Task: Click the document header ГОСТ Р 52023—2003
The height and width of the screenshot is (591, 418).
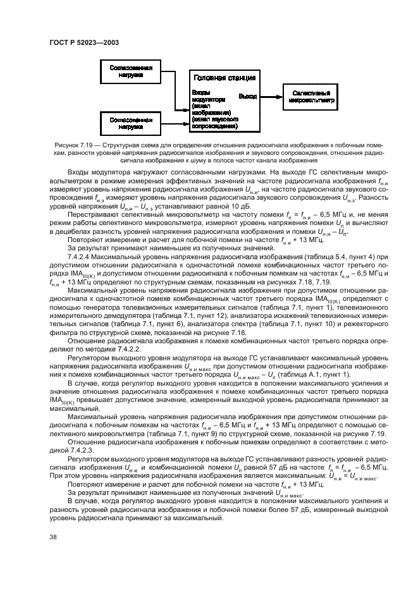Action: tap(84, 42)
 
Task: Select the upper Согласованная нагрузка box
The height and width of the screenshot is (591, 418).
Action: tap(131, 71)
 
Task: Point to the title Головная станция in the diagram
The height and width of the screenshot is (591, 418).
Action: tap(224, 78)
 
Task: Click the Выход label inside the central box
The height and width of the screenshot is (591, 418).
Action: tap(247, 96)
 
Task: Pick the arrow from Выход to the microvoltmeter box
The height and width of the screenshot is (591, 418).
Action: tap(271, 96)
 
